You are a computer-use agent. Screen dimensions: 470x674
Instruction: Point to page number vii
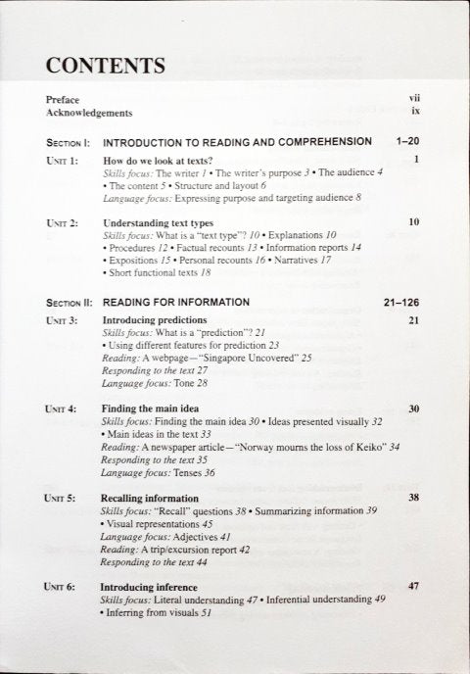coord(414,100)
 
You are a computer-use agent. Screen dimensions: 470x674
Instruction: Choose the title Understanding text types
coord(163,222)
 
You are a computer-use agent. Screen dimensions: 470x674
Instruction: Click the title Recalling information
coord(150,498)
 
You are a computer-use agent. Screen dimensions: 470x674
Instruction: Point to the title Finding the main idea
coord(154,408)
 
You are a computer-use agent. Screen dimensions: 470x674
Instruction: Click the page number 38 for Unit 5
coord(413,498)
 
